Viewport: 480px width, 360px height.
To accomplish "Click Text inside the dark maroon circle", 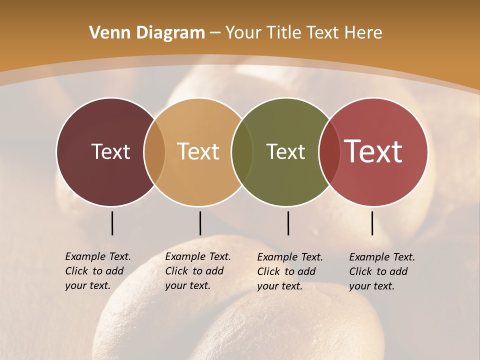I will (x=110, y=151).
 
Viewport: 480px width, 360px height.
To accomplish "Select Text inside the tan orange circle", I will (x=198, y=151).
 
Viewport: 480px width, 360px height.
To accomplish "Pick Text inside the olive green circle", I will (x=285, y=151).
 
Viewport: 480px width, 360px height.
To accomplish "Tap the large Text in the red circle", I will (x=373, y=151).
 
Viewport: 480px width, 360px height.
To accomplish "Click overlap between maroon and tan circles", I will (x=154, y=151).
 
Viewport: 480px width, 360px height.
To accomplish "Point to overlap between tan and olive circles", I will (x=242, y=151).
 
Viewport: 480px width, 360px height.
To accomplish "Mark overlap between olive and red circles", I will (x=329, y=151).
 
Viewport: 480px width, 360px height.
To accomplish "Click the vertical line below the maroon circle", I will (x=112, y=223).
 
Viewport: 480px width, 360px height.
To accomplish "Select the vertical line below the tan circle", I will (x=200, y=223).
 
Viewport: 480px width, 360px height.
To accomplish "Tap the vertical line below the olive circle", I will (x=288, y=223).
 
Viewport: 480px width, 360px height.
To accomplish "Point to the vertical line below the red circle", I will (x=372, y=223).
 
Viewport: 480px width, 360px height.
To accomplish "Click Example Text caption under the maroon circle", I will (x=97, y=271).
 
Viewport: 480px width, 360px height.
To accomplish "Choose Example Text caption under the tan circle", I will (x=197, y=271).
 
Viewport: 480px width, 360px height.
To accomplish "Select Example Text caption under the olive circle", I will (x=289, y=271).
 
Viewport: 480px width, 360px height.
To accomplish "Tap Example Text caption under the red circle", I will (x=381, y=271).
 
